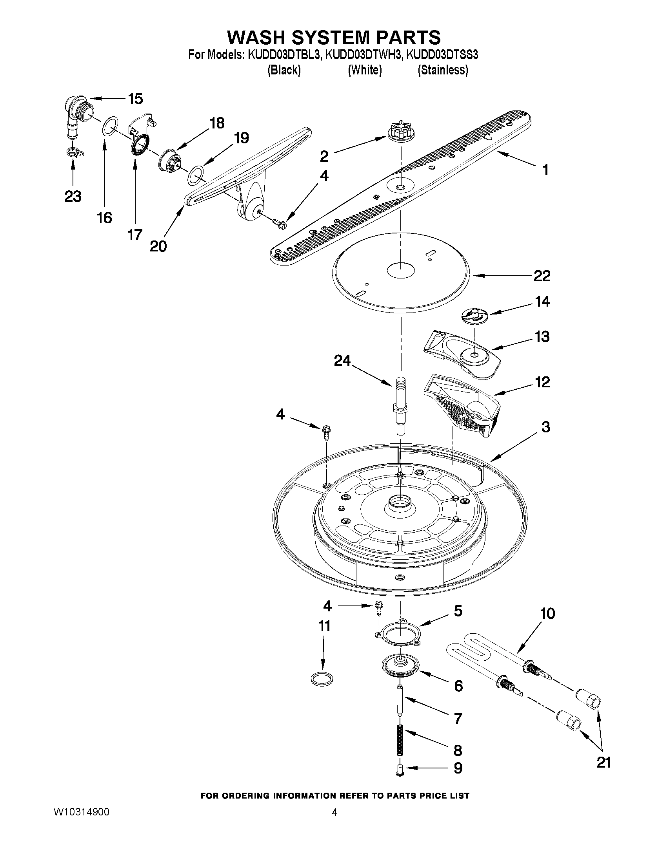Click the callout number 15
[x=136, y=99]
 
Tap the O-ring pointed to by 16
[x=110, y=125]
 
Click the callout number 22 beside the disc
[x=542, y=276]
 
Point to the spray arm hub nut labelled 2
[x=400, y=132]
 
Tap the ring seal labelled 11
[x=321, y=679]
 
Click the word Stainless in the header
[x=443, y=70]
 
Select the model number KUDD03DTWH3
[x=363, y=54]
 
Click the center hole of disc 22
[x=401, y=270]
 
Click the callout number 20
[x=158, y=246]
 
